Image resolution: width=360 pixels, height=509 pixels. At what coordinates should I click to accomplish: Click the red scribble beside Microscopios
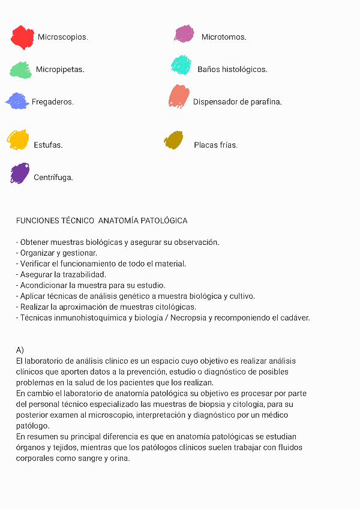click(x=22, y=37)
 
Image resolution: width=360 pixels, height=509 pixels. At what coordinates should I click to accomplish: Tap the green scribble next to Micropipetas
click(x=21, y=70)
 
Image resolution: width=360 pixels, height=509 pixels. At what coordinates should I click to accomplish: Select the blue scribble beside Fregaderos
click(x=17, y=101)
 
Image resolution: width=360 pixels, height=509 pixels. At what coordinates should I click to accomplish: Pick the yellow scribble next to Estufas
click(x=18, y=139)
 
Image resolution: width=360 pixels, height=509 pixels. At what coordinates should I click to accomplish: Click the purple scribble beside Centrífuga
click(x=20, y=173)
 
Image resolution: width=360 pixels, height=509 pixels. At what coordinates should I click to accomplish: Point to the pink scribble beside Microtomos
click(x=184, y=34)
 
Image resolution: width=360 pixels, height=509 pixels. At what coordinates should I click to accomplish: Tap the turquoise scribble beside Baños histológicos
click(x=181, y=65)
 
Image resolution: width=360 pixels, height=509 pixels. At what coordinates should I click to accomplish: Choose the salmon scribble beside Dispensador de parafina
click(x=179, y=96)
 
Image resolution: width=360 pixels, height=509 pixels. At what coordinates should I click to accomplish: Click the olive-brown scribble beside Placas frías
click(x=173, y=140)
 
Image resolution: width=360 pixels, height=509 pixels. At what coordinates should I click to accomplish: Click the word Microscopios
click(x=62, y=37)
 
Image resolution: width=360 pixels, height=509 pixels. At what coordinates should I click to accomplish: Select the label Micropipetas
click(x=60, y=70)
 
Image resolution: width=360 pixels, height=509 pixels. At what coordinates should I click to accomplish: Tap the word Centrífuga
click(x=53, y=178)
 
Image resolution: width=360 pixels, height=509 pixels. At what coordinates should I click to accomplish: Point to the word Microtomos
click(x=224, y=37)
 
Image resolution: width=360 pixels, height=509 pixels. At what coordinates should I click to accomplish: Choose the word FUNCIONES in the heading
click(x=38, y=221)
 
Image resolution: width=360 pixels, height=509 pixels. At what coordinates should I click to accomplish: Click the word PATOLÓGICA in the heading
click(x=164, y=221)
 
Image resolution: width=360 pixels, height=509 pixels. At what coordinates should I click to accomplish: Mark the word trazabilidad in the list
click(x=89, y=274)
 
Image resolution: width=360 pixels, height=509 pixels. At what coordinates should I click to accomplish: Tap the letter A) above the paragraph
click(x=20, y=350)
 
